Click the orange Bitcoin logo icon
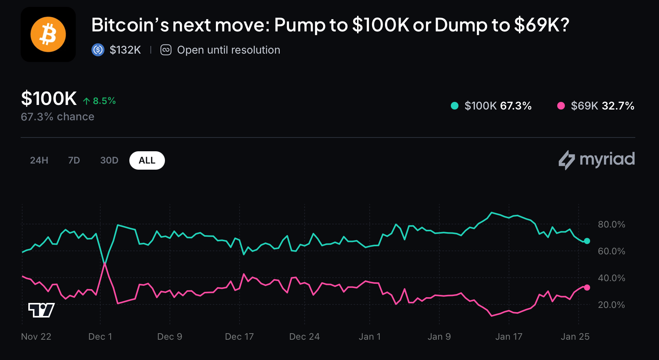click(x=48, y=34)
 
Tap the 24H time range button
click(x=39, y=160)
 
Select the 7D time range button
click(x=74, y=160)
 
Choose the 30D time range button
click(x=109, y=160)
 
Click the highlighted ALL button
click(x=147, y=160)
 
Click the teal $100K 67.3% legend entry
click(x=491, y=106)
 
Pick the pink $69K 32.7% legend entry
click(x=596, y=106)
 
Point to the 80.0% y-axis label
click(x=611, y=224)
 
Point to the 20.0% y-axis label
click(x=611, y=305)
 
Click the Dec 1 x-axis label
click(x=100, y=337)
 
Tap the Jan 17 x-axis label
click(x=509, y=337)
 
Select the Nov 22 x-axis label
click(x=36, y=337)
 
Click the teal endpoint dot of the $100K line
click(x=587, y=241)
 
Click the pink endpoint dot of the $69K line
click(x=587, y=288)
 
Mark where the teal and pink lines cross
click(x=104, y=264)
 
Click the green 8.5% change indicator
click(x=100, y=101)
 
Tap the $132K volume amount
click(x=125, y=50)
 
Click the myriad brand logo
click(x=597, y=160)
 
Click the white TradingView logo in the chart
click(x=41, y=310)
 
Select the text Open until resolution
click(x=228, y=50)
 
